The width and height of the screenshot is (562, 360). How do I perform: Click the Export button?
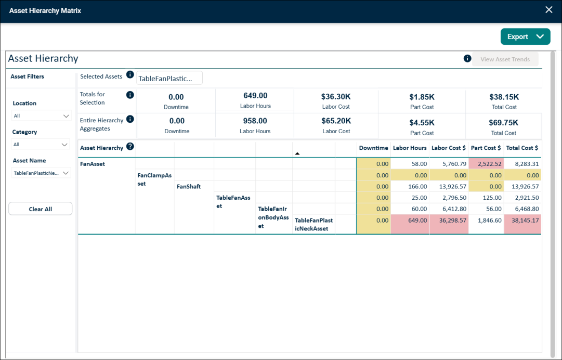525,36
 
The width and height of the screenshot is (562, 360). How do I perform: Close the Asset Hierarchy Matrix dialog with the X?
548,10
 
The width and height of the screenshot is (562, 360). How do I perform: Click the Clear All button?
41,209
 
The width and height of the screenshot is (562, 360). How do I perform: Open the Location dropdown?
41,116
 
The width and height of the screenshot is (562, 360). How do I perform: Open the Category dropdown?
41,145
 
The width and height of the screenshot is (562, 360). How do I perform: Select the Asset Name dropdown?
41,173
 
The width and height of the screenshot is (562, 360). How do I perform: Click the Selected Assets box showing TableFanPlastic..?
169,78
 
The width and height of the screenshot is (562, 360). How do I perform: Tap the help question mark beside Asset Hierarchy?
130,146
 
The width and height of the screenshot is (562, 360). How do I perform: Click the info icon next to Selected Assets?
130,74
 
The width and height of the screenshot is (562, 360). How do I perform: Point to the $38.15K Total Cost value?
504,97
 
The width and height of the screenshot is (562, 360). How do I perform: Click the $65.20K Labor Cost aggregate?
336,121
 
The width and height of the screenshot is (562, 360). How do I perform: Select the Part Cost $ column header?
486,148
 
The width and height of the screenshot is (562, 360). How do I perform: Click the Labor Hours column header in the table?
410,148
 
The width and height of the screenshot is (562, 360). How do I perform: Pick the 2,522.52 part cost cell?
487,164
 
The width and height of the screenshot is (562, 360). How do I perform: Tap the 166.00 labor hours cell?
410,186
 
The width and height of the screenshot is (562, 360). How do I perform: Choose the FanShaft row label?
189,186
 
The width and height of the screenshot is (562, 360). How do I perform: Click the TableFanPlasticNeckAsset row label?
314,224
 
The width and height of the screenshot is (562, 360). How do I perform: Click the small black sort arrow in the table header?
297,153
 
